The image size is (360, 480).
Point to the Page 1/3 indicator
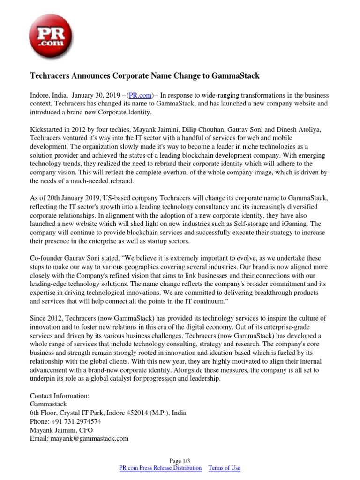click(180, 461)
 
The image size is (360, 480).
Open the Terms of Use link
click(224, 468)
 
